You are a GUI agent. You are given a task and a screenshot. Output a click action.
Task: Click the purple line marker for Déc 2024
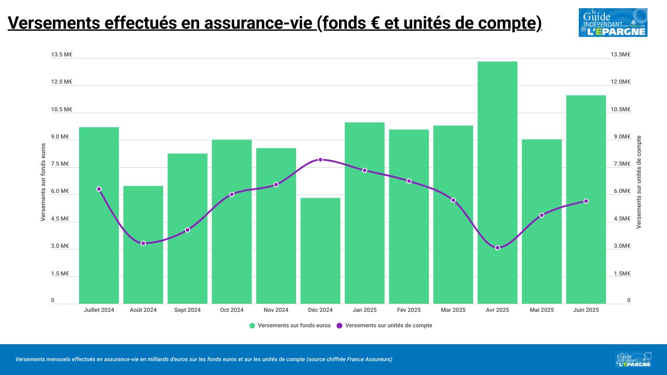320,160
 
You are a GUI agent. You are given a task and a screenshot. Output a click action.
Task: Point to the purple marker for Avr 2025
497,248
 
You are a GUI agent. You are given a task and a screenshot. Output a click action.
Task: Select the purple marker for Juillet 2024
99,189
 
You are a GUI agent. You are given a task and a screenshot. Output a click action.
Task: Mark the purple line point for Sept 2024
187,230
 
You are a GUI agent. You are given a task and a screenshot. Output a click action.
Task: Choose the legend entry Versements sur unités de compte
388,326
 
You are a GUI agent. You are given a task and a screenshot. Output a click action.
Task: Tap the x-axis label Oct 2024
231,310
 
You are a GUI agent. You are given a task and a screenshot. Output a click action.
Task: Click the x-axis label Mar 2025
453,310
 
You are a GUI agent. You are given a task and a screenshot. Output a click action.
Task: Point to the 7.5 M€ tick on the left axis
60,164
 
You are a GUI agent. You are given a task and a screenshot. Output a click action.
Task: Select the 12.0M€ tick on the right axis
620,82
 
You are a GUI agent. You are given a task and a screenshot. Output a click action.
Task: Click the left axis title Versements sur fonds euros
44,183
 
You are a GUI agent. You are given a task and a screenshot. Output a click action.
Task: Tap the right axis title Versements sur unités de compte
639,182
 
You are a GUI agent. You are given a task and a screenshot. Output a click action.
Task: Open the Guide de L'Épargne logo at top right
613,23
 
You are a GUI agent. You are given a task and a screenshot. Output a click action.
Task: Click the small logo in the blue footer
633,360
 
